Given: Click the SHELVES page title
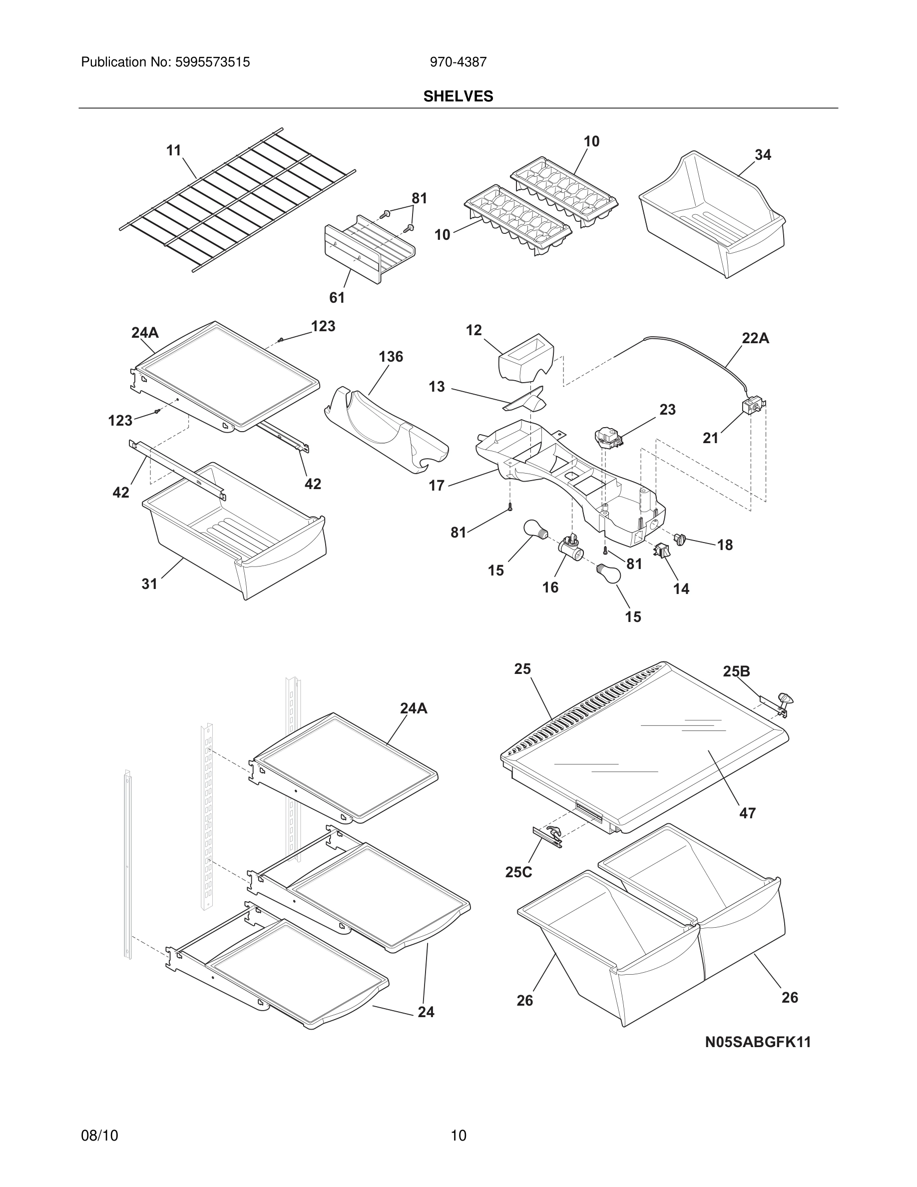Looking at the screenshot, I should click(x=458, y=96).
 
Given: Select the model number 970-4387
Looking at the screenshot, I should click(x=458, y=62).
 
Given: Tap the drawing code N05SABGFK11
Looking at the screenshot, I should click(x=757, y=1042).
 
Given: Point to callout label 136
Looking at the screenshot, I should click(x=391, y=357).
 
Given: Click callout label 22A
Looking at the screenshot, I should click(x=755, y=338).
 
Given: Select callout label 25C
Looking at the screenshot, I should click(x=518, y=872).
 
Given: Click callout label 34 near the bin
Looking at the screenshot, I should click(x=762, y=155).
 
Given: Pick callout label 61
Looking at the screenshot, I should click(x=337, y=297).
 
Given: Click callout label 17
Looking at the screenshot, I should click(x=436, y=486).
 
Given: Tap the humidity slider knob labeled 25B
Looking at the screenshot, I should click(x=785, y=699).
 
